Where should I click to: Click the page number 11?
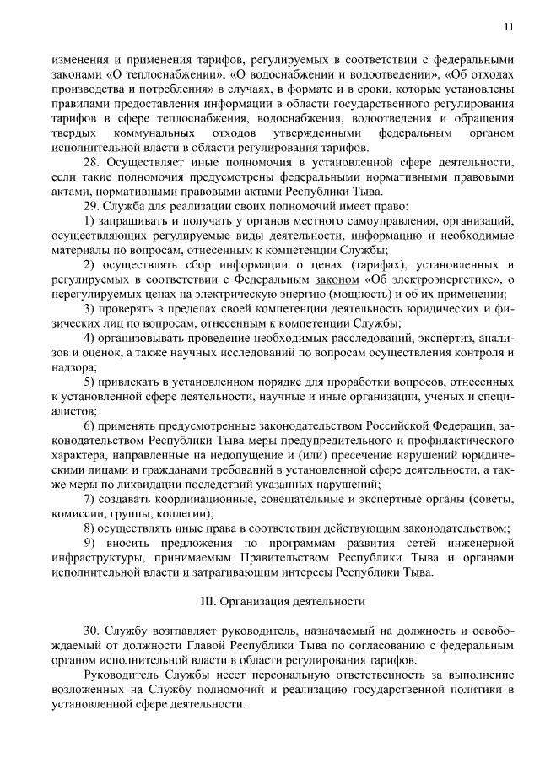click(x=509, y=26)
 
